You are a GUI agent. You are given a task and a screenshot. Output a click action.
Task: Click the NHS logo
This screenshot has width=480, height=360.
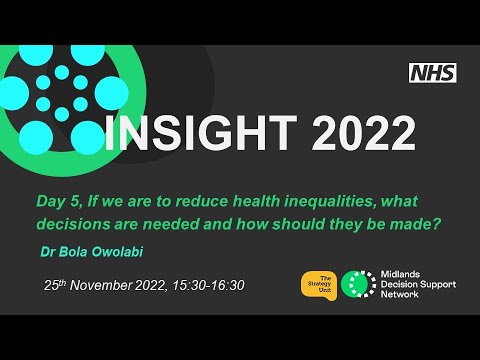pos(433,72)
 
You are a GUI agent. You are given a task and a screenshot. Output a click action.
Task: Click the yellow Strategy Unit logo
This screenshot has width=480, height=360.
pos(318,284)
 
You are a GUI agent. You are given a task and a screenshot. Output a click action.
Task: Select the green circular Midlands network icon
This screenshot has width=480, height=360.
pos(355,285)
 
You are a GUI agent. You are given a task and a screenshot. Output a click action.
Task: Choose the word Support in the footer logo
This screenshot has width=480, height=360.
pos(436,285)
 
